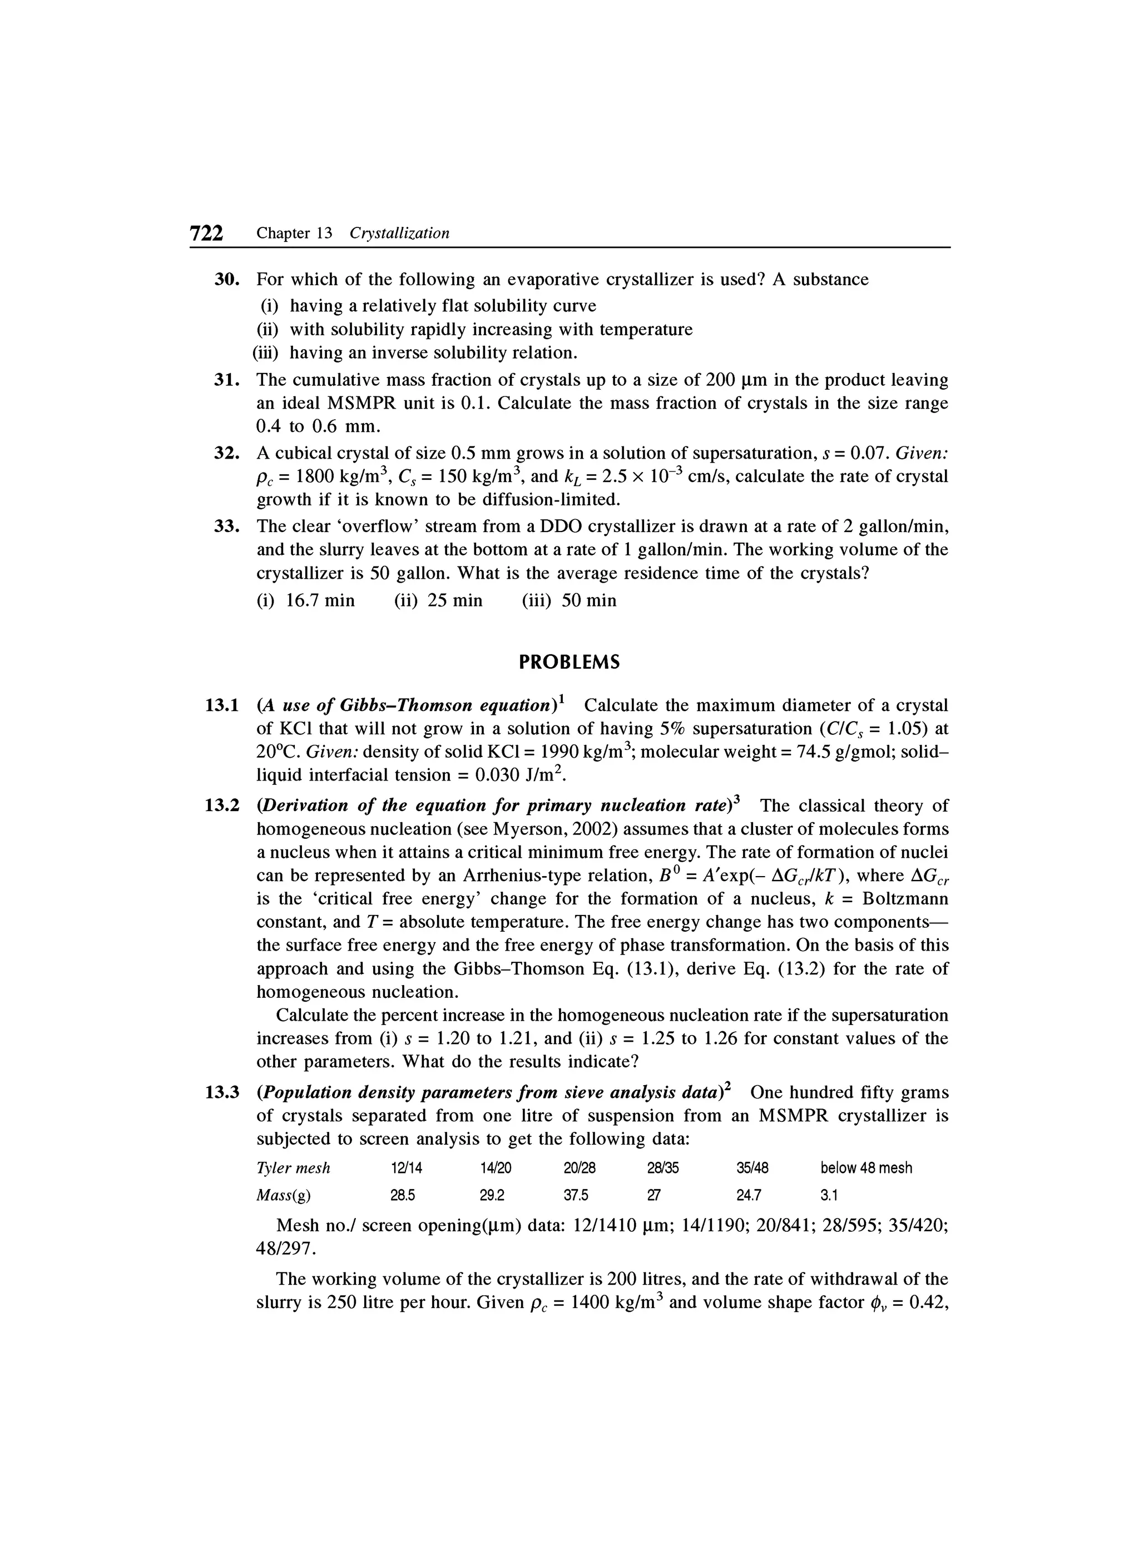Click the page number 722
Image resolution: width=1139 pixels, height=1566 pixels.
click(206, 233)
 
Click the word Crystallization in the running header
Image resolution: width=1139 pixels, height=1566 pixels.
click(399, 233)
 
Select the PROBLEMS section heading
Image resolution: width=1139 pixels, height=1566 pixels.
click(569, 663)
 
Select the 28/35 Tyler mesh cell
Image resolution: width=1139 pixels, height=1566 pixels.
click(662, 1167)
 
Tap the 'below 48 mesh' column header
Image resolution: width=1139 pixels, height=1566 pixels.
click(865, 1167)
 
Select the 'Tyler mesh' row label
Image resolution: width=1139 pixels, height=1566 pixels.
click(293, 1167)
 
